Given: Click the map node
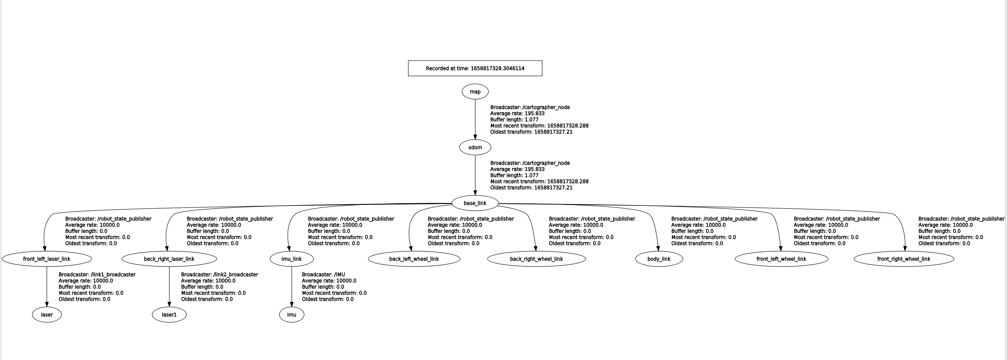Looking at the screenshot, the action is (475, 91).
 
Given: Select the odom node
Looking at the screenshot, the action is (475, 147).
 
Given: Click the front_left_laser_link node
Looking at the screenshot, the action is (47, 259).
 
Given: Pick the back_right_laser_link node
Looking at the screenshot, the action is (169, 259).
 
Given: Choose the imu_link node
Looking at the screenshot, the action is (291, 259).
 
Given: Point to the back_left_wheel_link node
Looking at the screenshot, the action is (414, 259).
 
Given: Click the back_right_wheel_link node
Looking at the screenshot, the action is (536, 259).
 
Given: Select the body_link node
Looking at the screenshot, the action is (659, 259).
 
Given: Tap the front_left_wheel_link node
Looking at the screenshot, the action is (781, 259).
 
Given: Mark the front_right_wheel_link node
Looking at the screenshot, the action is (904, 259).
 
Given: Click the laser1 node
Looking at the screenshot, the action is (169, 315).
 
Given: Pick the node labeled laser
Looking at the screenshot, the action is (47, 315).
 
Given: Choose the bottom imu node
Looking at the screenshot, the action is (291, 315).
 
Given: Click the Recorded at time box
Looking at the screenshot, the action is (475, 68).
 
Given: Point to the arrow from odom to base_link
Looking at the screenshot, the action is (475, 175).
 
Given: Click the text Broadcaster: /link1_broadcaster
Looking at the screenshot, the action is (97, 275).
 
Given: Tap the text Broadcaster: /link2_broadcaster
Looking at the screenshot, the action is (219, 275).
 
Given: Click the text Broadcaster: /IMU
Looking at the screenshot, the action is (323, 275).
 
